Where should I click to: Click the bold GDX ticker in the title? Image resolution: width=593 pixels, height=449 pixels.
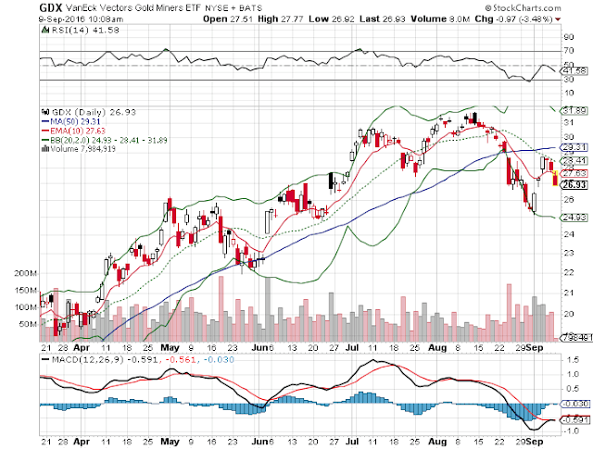click(x=48, y=8)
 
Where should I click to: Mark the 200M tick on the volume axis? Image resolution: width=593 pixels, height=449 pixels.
click(x=24, y=275)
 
